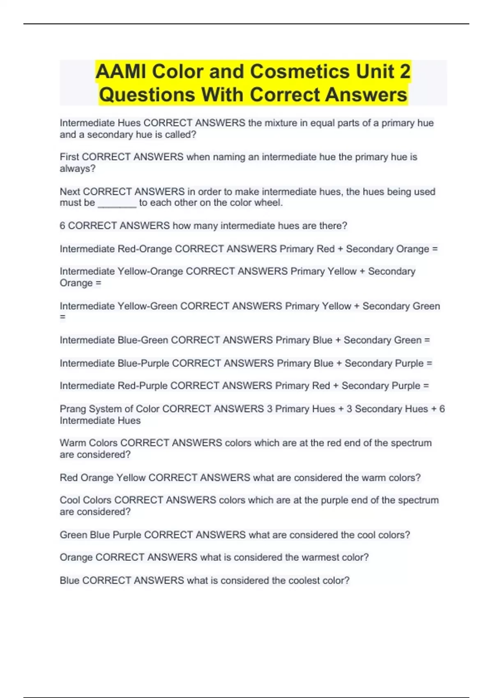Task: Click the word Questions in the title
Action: [147, 95]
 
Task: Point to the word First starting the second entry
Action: [69, 157]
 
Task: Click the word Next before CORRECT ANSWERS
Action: [70, 191]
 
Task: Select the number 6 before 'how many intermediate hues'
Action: [62, 226]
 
